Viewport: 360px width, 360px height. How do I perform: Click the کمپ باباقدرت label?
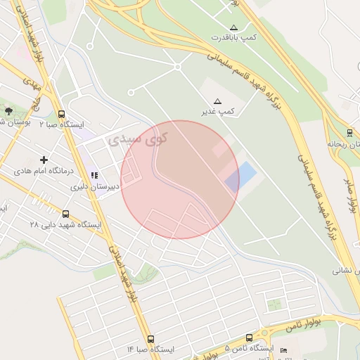click(x=238, y=36)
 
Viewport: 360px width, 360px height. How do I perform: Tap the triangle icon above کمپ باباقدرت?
click(x=234, y=27)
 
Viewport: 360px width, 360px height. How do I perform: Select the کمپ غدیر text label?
click(x=219, y=111)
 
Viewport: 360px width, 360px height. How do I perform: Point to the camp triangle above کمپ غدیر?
click(x=217, y=101)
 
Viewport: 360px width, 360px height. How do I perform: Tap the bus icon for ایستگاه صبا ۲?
click(x=62, y=115)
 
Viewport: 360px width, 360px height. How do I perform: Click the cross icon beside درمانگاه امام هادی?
click(x=44, y=160)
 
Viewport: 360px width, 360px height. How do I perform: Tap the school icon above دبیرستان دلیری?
click(x=94, y=175)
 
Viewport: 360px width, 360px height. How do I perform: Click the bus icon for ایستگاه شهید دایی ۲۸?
click(x=65, y=214)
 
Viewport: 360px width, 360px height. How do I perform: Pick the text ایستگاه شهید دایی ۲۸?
click(x=65, y=225)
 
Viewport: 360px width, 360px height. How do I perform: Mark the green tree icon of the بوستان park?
click(x=8, y=111)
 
